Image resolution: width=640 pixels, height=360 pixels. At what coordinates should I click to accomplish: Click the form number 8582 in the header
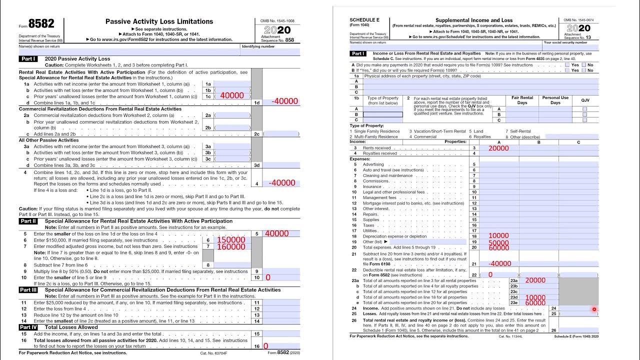coord(41,24)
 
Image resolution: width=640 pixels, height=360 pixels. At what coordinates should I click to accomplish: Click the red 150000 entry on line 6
coord(231,240)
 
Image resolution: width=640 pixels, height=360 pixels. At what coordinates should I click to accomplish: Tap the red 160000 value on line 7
coord(231,246)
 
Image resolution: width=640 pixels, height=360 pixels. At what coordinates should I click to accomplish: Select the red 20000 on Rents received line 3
coord(498,148)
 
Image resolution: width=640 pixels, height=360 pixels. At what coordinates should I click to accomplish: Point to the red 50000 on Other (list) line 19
coord(498,242)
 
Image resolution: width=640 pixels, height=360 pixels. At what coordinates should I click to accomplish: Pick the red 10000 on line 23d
coord(535,297)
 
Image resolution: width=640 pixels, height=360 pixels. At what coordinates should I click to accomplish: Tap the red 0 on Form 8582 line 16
coord(265,346)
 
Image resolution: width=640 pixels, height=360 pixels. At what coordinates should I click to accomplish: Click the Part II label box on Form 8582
coord(28,221)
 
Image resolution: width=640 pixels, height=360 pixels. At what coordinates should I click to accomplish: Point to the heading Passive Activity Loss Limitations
coord(159,21)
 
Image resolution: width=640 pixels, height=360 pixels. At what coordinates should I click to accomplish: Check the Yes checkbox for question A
coord(567,65)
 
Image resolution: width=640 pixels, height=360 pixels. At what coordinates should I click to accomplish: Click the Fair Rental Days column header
coord(522,100)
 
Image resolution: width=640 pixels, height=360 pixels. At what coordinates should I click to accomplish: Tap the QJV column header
coord(585,100)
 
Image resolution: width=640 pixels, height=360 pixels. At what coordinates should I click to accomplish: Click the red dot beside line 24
coord(594,309)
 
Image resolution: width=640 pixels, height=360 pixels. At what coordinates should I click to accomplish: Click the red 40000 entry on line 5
coord(276,233)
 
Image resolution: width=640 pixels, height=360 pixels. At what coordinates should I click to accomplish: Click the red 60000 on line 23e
coord(535,303)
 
